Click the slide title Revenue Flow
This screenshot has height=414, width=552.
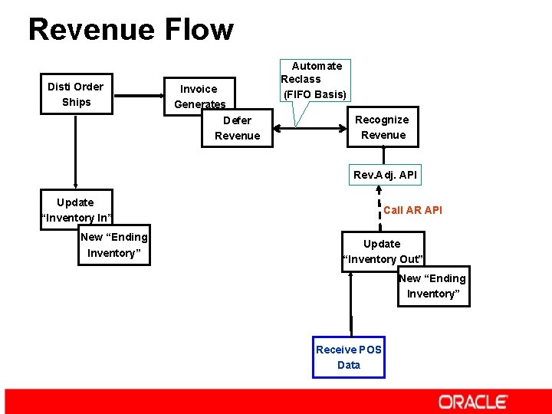tap(130, 30)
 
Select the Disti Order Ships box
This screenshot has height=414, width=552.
tap(76, 94)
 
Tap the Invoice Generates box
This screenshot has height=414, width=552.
tap(199, 96)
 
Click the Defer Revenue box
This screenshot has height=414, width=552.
tap(238, 128)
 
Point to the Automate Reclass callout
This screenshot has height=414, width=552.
tap(315, 80)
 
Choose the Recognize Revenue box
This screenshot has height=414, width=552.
tap(383, 127)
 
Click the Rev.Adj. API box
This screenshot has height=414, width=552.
tap(385, 175)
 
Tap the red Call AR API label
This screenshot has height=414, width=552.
tap(412, 210)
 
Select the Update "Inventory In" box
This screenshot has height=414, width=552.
tap(76, 209)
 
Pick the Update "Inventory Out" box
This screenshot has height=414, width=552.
tap(382, 251)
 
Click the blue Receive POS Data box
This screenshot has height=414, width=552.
tap(349, 357)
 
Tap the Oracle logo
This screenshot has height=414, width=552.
tap(472, 402)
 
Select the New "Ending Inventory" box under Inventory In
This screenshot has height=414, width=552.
tap(113, 245)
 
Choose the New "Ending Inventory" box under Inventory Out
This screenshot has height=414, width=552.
tap(433, 286)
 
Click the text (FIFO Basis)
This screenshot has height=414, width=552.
tap(315, 95)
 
